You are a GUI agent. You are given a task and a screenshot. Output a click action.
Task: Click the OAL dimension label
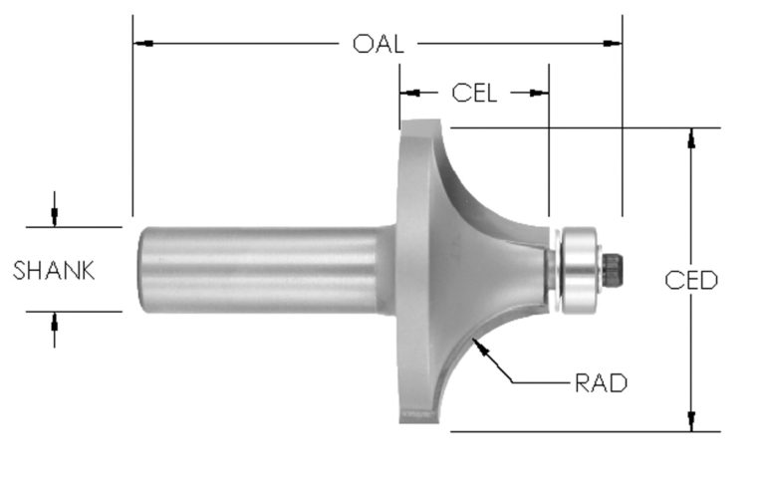click(378, 44)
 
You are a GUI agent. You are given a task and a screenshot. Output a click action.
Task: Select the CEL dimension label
click(474, 93)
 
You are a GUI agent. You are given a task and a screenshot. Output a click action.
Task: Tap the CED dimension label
click(691, 280)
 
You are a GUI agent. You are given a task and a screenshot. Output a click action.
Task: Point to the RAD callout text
click(601, 382)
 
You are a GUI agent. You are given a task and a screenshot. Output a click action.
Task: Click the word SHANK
click(55, 270)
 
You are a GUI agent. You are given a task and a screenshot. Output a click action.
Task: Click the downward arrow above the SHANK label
click(55, 218)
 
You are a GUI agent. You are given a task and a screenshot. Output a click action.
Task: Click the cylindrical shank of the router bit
click(259, 269)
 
